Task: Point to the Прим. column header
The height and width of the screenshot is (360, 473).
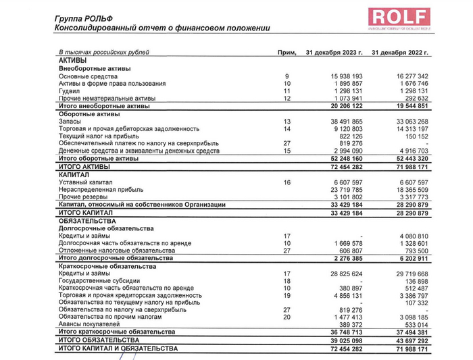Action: tap(287, 53)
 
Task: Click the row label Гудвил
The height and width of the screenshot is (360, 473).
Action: tap(70, 91)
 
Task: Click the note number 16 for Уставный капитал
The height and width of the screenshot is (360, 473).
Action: tap(287, 182)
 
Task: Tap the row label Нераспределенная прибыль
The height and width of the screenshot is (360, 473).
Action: tap(101, 190)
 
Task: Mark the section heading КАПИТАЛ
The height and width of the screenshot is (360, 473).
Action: tap(74, 174)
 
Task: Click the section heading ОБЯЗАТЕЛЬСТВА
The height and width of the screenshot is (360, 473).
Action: tap(88, 221)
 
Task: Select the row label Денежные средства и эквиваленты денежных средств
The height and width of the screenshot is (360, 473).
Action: tap(139, 151)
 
